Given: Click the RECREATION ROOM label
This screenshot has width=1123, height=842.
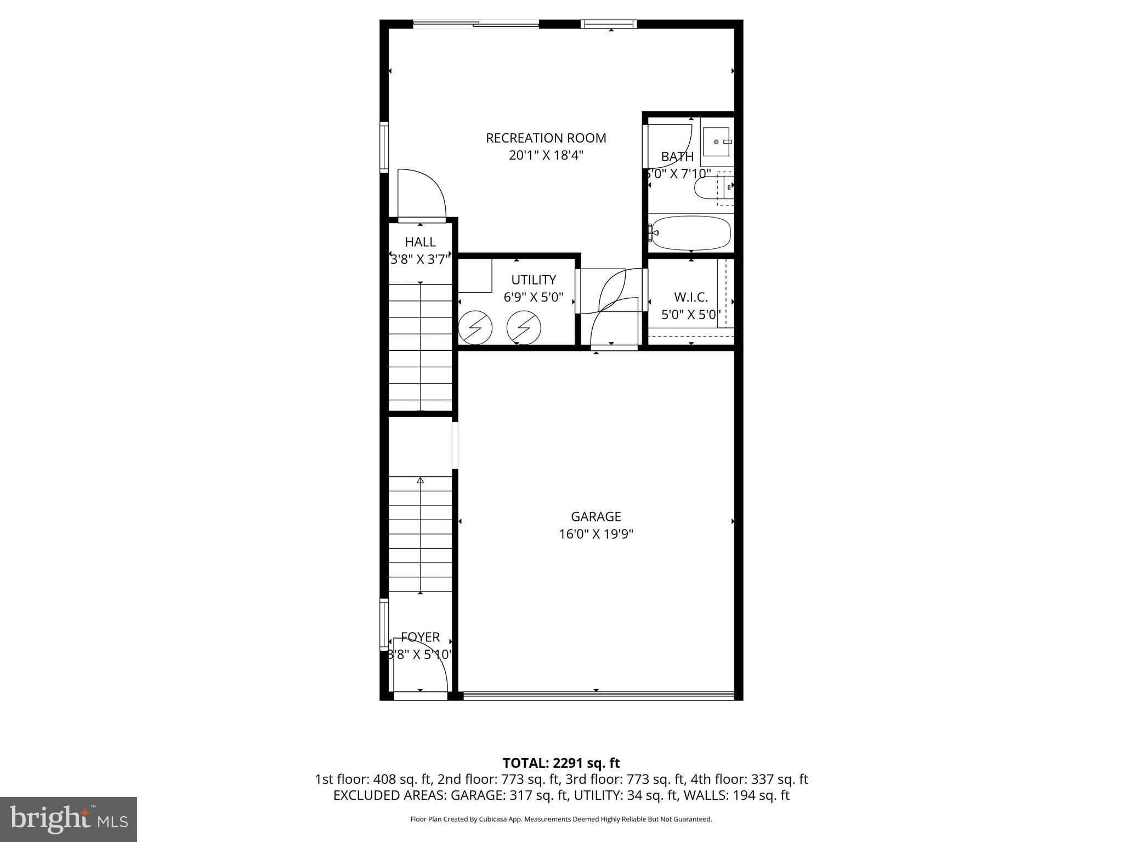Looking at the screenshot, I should point(546,138).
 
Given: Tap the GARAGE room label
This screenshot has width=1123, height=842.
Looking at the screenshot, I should point(596,516).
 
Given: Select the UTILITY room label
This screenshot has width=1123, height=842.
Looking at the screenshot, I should point(533,280).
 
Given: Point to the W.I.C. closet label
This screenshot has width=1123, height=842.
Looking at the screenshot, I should point(690,298).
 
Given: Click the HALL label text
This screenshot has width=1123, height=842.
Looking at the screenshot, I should point(420,242).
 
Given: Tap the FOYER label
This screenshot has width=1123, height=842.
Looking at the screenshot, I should point(420,637).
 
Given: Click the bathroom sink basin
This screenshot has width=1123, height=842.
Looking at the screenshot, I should point(716,141).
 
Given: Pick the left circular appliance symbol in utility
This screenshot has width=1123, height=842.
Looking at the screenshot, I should point(475,328).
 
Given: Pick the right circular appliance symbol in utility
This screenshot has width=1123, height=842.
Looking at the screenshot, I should point(524,328).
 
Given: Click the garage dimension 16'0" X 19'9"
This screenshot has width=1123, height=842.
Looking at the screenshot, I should point(596,534).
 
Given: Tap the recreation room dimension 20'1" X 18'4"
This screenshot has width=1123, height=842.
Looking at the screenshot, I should point(546,156).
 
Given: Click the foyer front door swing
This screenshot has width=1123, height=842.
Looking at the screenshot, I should point(428,663).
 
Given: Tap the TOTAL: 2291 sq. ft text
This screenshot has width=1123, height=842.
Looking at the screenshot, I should point(561,763).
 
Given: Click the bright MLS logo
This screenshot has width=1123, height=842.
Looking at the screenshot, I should point(69,819).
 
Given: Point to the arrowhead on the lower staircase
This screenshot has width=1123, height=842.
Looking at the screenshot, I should point(421,480).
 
